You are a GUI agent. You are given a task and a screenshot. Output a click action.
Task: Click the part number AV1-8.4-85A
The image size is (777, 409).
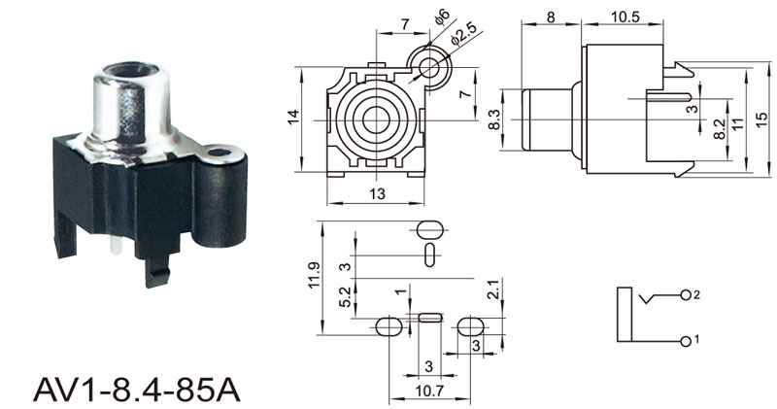coord(137,390)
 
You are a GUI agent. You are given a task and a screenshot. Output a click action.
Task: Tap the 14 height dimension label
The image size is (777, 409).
coord(294,117)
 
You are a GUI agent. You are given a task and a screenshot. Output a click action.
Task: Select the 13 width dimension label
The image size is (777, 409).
coord(377,193)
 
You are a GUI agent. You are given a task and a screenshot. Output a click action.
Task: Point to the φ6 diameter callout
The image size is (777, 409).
coord(442,16)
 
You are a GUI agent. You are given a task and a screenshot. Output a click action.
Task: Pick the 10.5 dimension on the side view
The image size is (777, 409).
coord(625,17)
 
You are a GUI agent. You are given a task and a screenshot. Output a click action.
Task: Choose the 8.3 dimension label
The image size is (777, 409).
coord(494,119)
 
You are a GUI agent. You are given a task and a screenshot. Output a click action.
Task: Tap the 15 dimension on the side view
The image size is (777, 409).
coord(761,119)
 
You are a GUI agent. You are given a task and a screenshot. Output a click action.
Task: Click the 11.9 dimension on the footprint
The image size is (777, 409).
coord(315,275)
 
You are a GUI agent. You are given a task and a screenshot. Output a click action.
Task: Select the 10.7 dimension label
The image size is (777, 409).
coord(429,392)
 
